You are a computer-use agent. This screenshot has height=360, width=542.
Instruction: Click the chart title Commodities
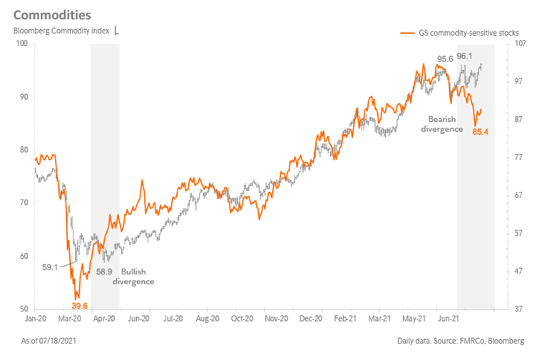[x=51, y=14]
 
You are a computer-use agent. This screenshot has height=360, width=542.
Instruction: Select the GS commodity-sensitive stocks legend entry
[x=461, y=34]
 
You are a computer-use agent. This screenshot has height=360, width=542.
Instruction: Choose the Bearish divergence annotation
[x=446, y=124]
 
